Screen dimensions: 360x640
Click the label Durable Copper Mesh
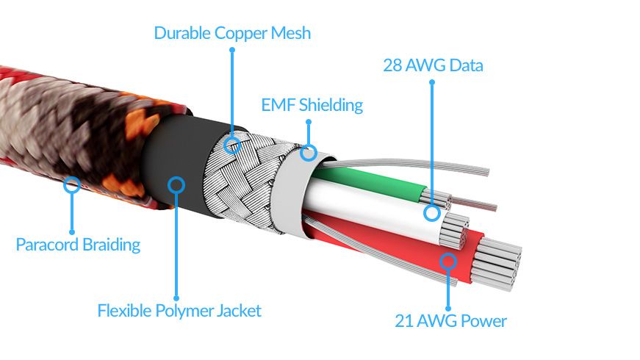[232, 33]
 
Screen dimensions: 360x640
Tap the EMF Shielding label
[312, 105]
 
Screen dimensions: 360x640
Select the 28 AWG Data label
[433, 65]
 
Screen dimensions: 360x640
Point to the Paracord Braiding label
[78, 245]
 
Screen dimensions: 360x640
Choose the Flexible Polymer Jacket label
[179, 311]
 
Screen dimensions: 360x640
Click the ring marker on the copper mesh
[232, 143]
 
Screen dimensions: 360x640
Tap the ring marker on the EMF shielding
[309, 153]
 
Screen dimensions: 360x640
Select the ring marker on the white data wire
[432, 213]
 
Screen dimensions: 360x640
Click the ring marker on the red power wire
[448, 260]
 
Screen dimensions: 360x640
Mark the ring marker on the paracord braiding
[72, 184]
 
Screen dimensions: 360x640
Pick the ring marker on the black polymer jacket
[176, 184]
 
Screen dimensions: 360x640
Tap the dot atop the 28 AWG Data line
[432, 82]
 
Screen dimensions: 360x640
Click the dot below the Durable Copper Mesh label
[232, 50]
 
